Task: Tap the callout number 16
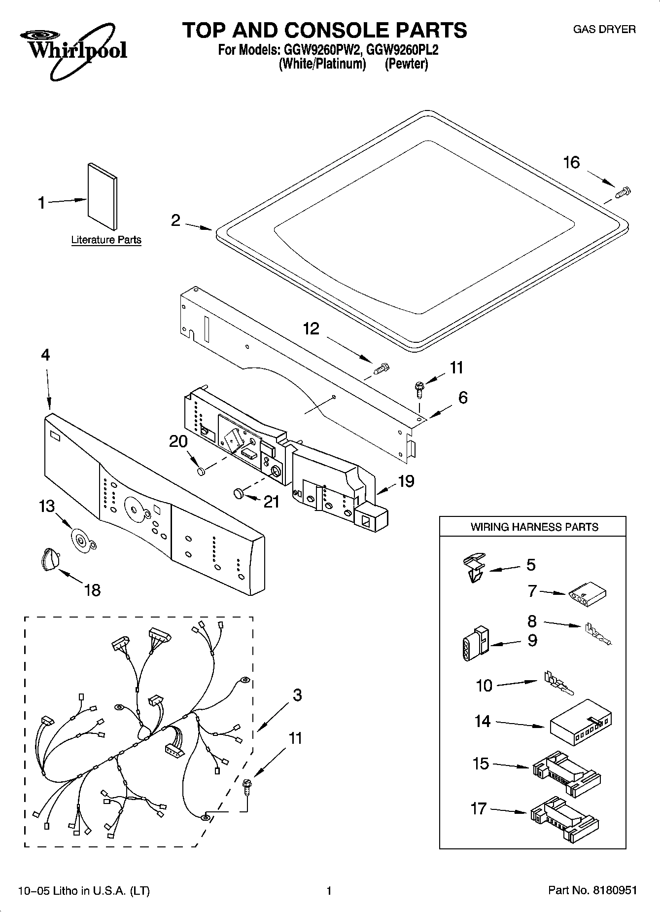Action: pyautogui.click(x=571, y=162)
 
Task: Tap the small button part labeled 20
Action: pyautogui.click(x=201, y=472)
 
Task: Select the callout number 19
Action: pyautogui.click(x=406, y=481)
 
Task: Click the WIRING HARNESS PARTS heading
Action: pyautogui.click(x=534, y=527)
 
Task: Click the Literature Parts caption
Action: pyautogui.click(x=106, y=240)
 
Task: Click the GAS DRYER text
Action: pyautogui.click(x=604, y=29)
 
